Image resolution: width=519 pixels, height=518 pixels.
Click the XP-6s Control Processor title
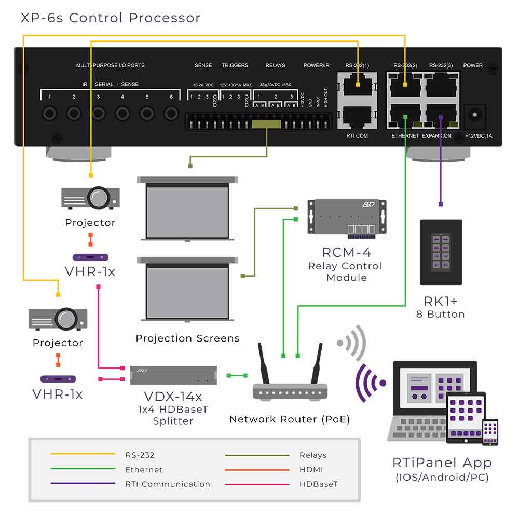pyautogui.click(x=111, y=18)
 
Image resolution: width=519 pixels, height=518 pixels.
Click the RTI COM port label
pyautogui.click(x=357, y=136)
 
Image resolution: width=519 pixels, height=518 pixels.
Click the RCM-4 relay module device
pyautogui.click(x=347, y=218)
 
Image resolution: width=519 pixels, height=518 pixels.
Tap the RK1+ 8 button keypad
pyautogui.click(x=441, y=252)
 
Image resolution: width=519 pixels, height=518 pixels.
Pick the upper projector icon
pyautogui.click(x=91, y=197)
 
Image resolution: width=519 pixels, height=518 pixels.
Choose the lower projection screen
pyautogui.click(x=187, y=291)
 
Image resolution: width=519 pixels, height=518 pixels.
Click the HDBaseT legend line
pyautogui.click(x=257, y=484)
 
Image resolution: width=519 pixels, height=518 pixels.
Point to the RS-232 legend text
pyautogui.click(x=140, y=455)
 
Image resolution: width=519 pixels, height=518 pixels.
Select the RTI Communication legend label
pyautogui.click(x=168, y=484)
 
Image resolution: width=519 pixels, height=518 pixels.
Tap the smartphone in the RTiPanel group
pyautogui.click(x=490, y=432)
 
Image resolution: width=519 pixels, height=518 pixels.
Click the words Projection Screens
pyautogui.click(x=187, y=338)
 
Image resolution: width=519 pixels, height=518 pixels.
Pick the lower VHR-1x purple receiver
pyautogui.click(x=58, y=379)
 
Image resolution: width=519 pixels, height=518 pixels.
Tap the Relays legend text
pyautogui.click(x=313, y=455)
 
